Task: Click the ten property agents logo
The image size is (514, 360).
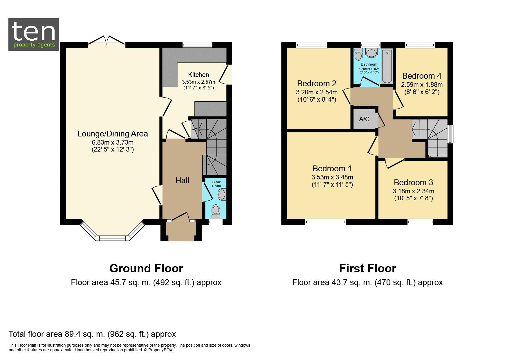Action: point(34,35)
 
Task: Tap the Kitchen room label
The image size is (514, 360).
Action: point(199,75)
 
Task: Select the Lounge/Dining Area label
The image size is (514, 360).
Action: point(113,134)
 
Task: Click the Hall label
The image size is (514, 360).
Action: point(182,180)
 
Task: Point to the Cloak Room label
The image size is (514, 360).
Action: point(216,184)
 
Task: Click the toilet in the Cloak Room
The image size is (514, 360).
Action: point(216,211)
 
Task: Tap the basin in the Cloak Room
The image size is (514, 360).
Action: point(222,194)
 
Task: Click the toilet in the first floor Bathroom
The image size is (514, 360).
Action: point(359,54)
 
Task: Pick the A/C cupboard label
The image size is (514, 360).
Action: point(364,119)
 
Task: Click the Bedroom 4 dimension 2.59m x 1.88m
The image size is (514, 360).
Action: point(422,85)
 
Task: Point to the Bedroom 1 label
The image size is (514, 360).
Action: point(332,168)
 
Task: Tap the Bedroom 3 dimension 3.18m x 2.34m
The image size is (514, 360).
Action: point(414,191)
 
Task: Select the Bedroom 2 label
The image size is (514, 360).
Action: point(317,84)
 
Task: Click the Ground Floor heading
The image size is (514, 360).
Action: point(146,269)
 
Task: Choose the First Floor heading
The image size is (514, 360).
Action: point(367,269)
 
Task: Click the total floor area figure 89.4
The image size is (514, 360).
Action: point(73,334)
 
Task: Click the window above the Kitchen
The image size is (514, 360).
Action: point(197,45)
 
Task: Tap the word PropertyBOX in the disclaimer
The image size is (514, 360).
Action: point(160,350)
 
